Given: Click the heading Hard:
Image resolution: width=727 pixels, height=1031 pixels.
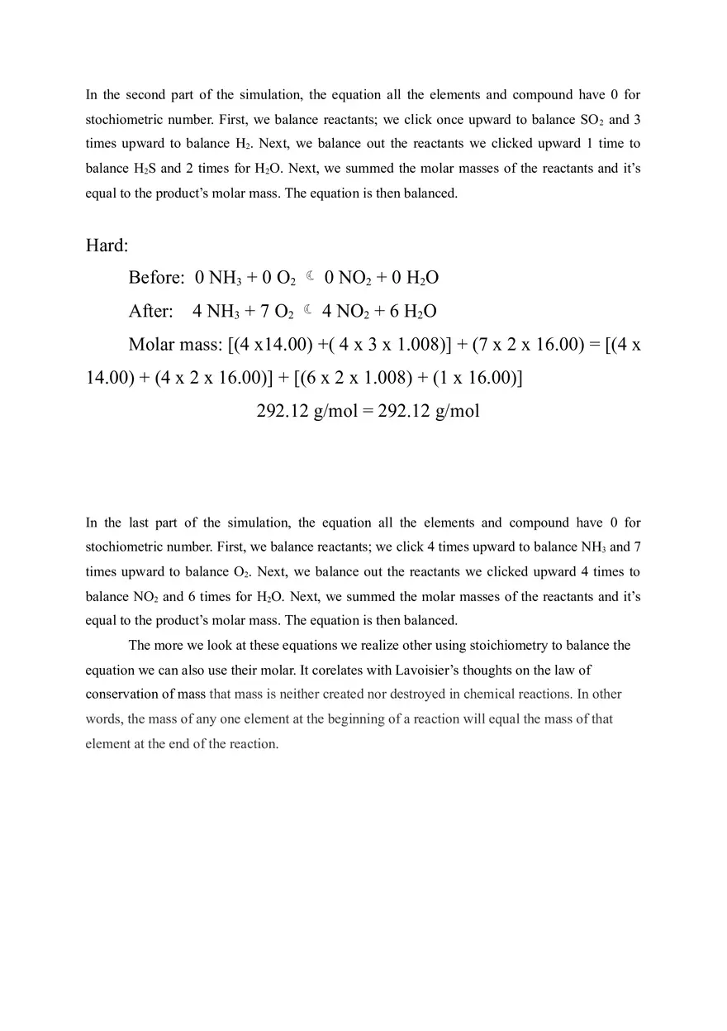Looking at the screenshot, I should coord(107,246).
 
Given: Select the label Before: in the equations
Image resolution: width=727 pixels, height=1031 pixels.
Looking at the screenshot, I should coord(156,278).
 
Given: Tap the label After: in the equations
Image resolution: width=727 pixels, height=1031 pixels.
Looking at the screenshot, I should coord(151,312).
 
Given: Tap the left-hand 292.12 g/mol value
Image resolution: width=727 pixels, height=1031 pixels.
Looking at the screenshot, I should coord(307,411).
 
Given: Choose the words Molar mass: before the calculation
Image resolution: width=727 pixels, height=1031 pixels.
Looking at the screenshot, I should coord(175,345).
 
